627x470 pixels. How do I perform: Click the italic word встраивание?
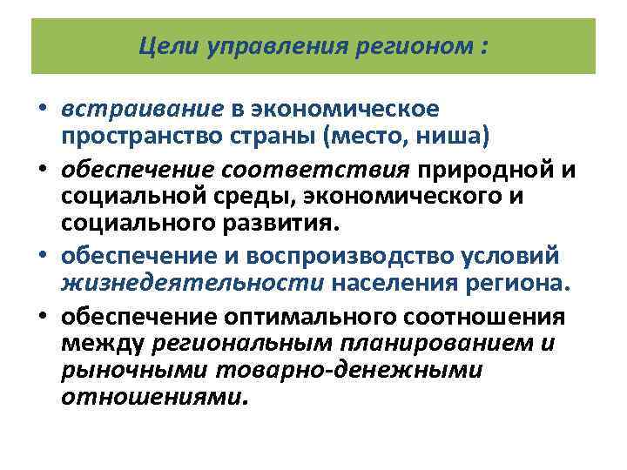pyautogui.click(x=143, y=109)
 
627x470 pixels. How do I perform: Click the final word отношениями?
pyautogui.click(x=154, y=398)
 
